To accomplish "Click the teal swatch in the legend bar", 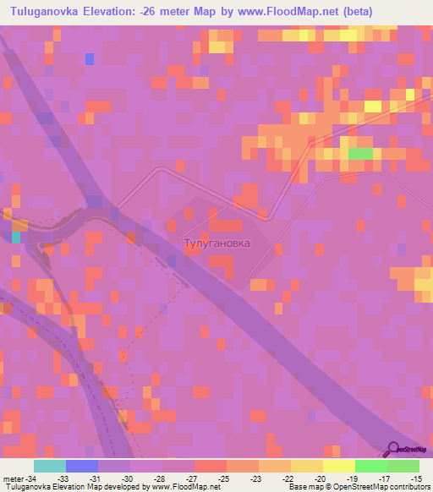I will click(x=49, y=466).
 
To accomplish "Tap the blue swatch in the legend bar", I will click(x=81, y=466).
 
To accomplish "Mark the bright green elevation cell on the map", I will click(x=361, y=154).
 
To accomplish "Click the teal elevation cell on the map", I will click(x=15, y=237).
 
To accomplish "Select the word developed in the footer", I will click(x=127, y=488).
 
